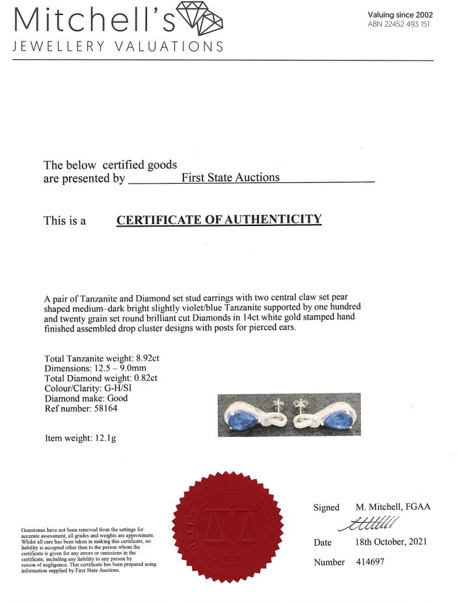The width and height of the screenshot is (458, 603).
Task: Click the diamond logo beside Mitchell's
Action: click(200, 19)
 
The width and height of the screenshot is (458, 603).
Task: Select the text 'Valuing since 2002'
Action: click(400, 15)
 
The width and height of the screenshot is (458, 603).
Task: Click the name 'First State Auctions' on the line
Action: click(230, 177)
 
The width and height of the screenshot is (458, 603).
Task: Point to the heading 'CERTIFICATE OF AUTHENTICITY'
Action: click(219, 219)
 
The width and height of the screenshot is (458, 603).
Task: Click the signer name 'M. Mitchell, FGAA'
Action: click(393, 507)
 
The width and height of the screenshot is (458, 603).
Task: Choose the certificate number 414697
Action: click(370, 562)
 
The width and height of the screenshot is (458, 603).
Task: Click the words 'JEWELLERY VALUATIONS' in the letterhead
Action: click(117, 47)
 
